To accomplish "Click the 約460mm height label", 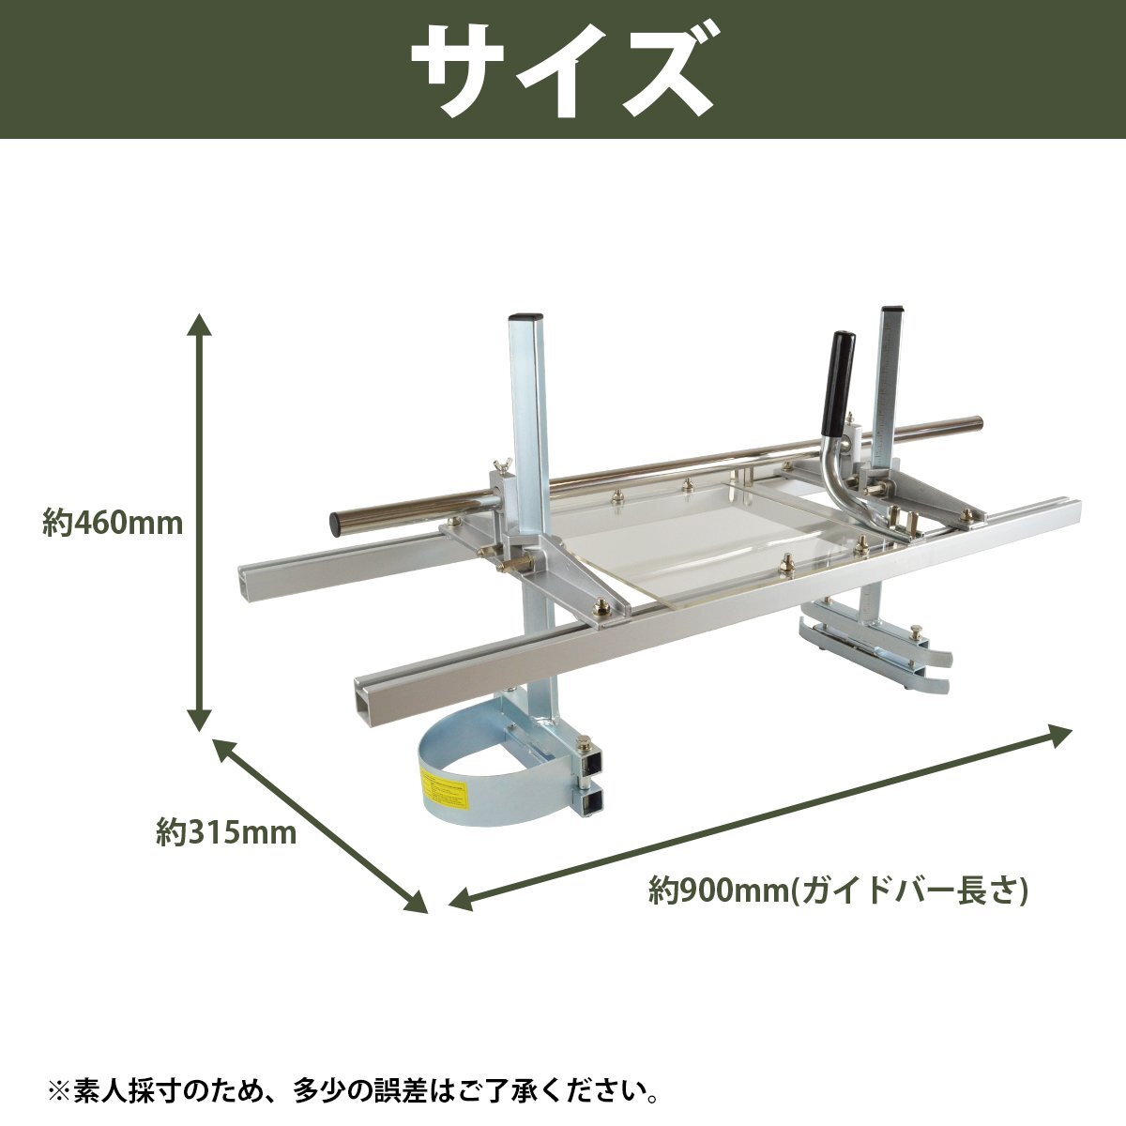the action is point(113,523).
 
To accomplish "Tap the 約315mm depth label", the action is point(226,832).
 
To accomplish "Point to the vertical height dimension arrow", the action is point(199,522).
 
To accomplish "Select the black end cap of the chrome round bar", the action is point(338,523).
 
